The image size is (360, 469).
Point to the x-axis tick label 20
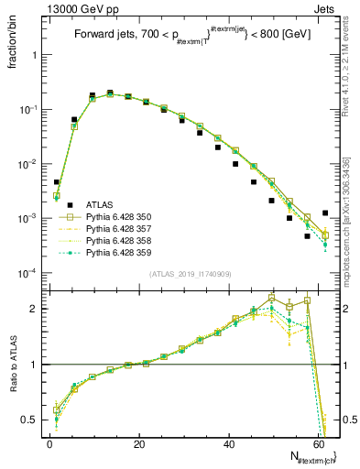click(139, 443)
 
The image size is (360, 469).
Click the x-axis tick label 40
click(229, 443)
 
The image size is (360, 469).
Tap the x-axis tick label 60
click(318, 443)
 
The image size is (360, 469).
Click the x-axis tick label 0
click(49, 443)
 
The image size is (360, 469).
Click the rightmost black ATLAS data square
click(325, 213)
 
